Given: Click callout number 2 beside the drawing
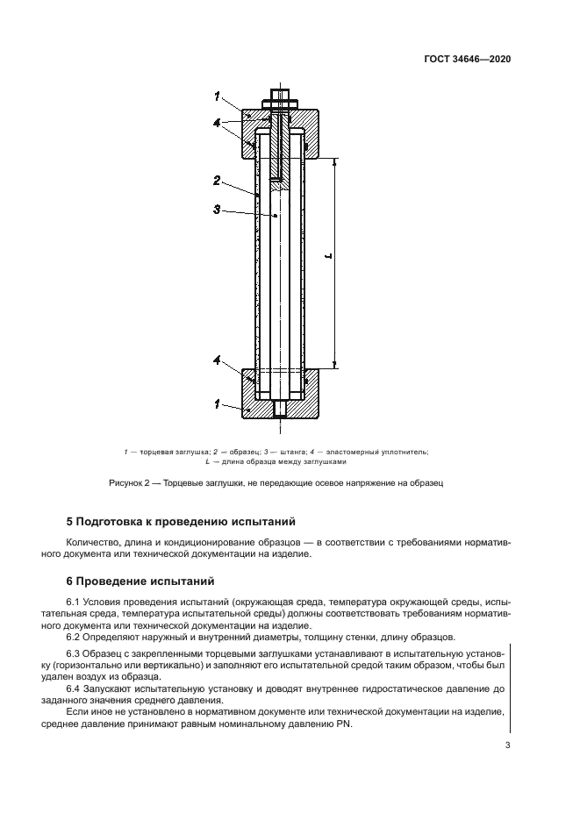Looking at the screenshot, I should [217, 180].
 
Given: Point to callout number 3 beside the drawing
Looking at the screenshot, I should [217, 210].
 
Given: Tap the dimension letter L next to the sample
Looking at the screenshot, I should [326, 257].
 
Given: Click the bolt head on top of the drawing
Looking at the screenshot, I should [280, 93].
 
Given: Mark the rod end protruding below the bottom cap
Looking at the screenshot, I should [280, 409].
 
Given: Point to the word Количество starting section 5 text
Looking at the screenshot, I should [95, 543].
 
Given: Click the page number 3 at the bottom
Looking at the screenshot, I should [507, 745].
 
